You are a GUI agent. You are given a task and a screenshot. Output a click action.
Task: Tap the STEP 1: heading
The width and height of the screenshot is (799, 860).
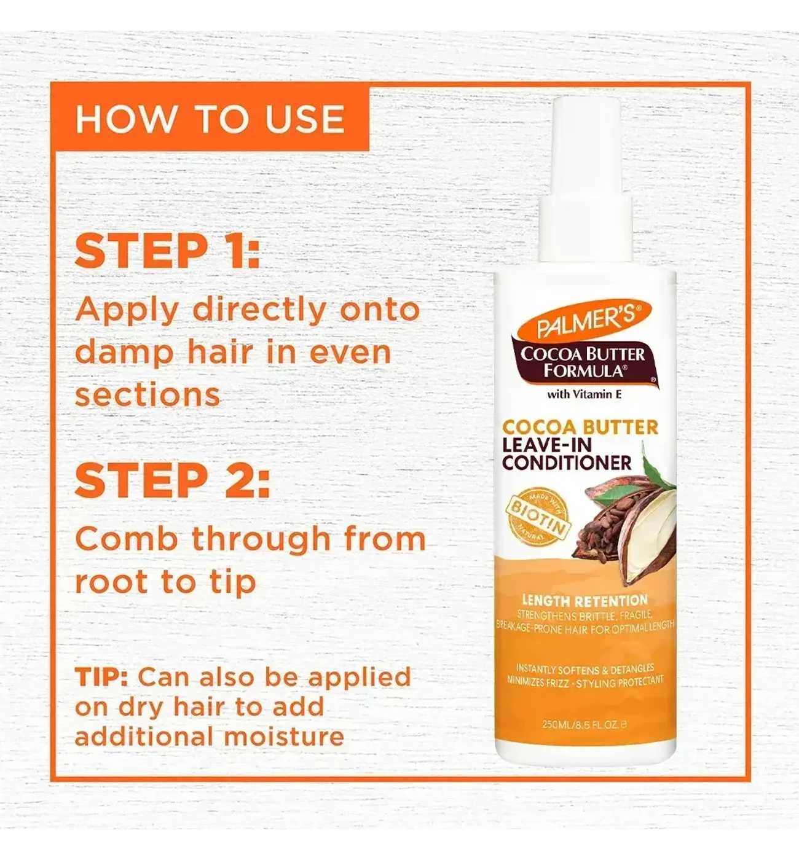point(167,251)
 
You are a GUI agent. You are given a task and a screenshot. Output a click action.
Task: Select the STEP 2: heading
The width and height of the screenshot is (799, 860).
point(173,480)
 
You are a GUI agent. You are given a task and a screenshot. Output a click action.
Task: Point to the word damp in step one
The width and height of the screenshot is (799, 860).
point(126,354)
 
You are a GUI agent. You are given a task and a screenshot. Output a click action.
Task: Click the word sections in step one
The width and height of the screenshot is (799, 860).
point(148,395)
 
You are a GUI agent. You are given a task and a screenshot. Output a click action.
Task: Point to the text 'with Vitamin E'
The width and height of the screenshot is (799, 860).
point(584,394)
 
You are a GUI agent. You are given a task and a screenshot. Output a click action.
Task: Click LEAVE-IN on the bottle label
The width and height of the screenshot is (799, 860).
point(547,445)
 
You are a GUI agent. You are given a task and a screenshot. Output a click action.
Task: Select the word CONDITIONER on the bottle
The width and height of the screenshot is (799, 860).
point(567,463)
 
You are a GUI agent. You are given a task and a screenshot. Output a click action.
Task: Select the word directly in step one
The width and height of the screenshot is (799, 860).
point(260,311)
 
